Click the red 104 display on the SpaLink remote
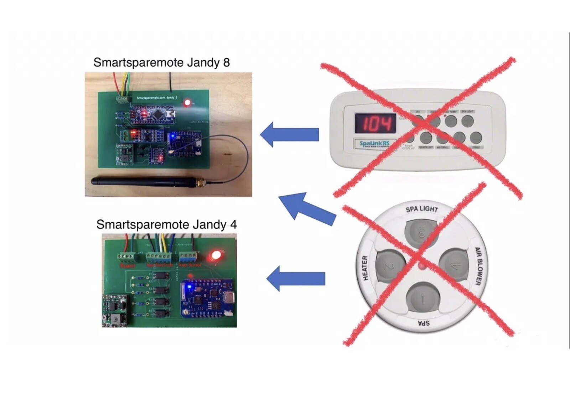(x=375, y=123)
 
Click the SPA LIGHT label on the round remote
(x=422, y=209)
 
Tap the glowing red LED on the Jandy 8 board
(x=187, y=103)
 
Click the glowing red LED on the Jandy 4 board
(x=215, y=255)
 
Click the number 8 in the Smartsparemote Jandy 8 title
(x=226, y=63)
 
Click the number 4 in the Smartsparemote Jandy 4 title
(x=233, y=225)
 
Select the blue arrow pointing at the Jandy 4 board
(x=295, y=279)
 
